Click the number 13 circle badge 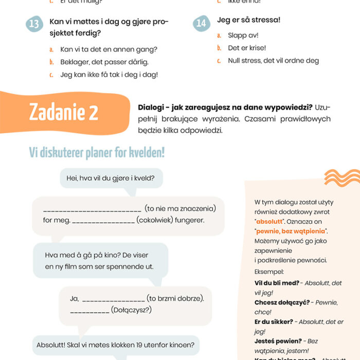click(34, 24)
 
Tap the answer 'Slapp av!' click(243, 35)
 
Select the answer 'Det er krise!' click(247, 48)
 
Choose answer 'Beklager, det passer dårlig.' click(104, 62)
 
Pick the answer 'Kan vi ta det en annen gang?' click(109, 49)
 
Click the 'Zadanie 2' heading click(64, 112)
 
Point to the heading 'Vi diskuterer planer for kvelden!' click(97, 153)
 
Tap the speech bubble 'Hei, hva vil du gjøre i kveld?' click(115, 179)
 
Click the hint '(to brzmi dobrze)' click(175, 298)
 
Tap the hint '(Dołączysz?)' click(131, 310)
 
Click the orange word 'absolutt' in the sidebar click(271, 221)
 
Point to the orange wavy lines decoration click(341, 177)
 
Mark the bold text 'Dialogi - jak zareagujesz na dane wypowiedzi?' click(225, 107)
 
